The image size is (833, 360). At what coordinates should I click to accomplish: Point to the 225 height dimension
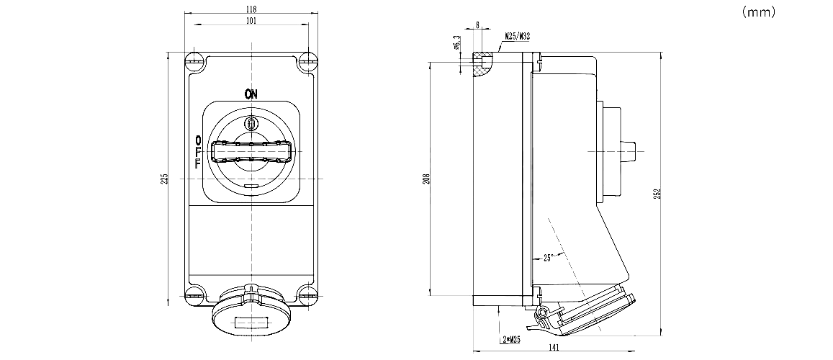164,177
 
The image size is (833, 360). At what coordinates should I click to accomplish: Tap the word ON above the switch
251,93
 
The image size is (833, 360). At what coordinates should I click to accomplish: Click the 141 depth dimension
554,348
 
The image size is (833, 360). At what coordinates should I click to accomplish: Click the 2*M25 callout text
509,338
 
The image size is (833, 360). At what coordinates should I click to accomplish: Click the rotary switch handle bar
250,153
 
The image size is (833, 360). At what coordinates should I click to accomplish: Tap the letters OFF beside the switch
198,152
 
